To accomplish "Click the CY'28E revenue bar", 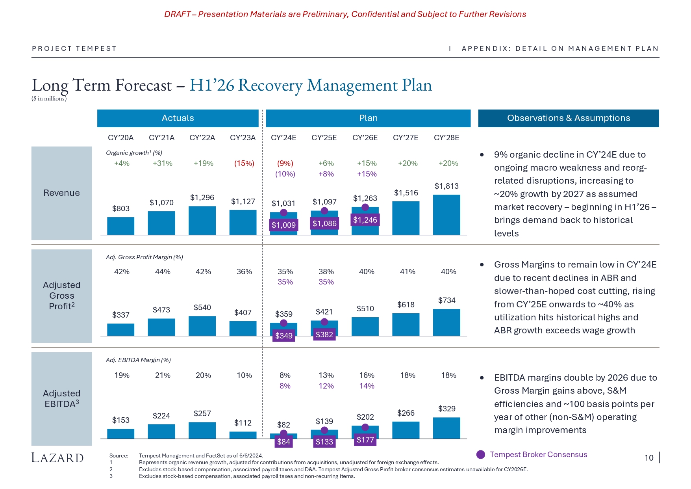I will [x=446, y=215].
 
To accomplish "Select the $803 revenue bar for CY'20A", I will [x=120, y=226].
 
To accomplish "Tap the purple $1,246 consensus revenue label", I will [x=365, y=220].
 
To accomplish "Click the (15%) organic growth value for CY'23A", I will [x=244, y=163].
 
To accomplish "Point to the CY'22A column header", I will [x=202, y=138].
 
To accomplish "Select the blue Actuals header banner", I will [x=178, y=118].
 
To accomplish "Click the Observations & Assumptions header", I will [x=568, y=118].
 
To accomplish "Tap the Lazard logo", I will [x=57, y=458].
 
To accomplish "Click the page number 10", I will [x=649, y=457].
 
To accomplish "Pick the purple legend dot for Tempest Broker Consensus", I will [x=481, y=455].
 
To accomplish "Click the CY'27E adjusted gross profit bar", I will [x=406, y=324].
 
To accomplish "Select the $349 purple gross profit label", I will [x=283, y=336].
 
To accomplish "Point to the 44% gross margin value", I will [x=163, y=271].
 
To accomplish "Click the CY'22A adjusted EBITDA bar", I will [x=202, y=430].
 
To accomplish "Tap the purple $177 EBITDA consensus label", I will [x=365, y=440].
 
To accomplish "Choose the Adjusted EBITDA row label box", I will [x=62, y=398].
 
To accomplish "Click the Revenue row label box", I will [x=62, y=193].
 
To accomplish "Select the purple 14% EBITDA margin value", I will [x=367, y=386].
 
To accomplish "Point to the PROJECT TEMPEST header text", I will [x=74, y=48].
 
